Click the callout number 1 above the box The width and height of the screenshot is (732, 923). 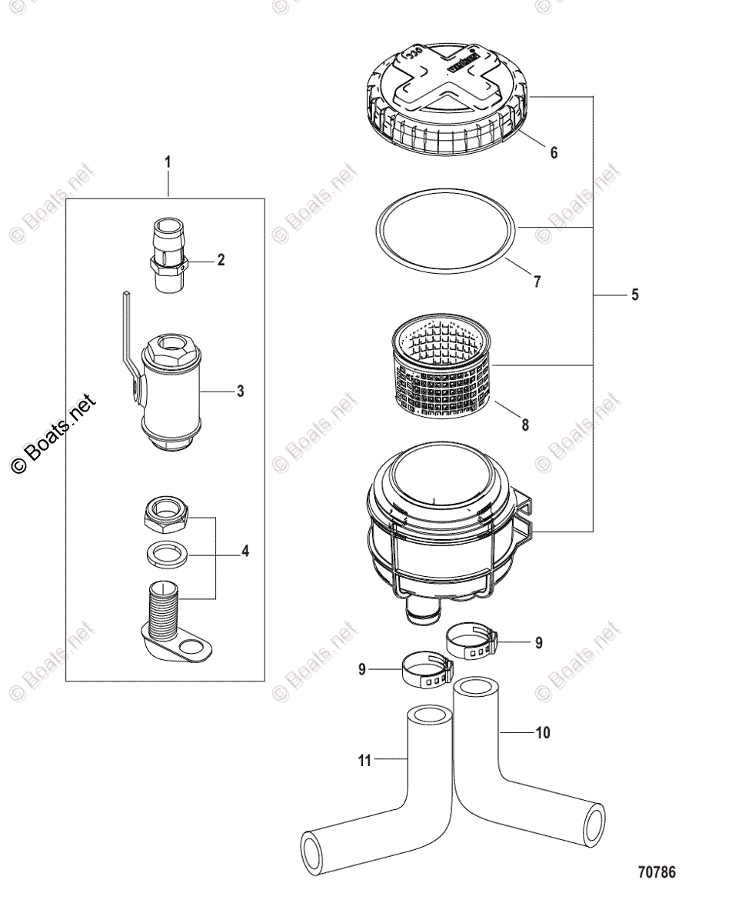click(x=168, y=162)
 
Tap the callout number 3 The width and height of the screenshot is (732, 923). click(x=240, y=392)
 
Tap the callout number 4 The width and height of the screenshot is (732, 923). click(x=245, y=551)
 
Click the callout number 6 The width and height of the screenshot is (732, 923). click(x=553, y=152)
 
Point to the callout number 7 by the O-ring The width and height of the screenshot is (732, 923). click(x=537, y=282)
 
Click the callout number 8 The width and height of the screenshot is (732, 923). click(x=525, y=424)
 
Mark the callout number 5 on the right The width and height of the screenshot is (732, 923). click(x=634, y=295)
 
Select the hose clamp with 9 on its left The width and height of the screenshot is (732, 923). click(x=424, y=669)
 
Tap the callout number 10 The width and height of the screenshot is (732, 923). click(x=542, y=733)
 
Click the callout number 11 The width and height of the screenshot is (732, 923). click(x=364, y=761)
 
